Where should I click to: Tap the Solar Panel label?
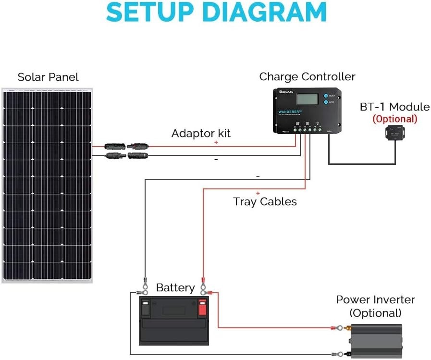coord(48,77)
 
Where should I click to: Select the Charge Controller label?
coord(307,76)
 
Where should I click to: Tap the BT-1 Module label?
coord(394,107)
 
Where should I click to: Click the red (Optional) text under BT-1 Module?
coord(394,119)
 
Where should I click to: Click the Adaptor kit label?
coord(201,133)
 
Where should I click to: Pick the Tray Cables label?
coord(265,201)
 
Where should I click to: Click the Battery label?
coord(175,288)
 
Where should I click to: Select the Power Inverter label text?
coord(375,300)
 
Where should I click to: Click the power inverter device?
coord(376,340)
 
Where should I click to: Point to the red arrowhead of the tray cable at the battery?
coord(203,279)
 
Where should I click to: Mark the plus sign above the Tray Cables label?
coord(258,193)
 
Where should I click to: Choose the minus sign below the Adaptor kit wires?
coord(216,160)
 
